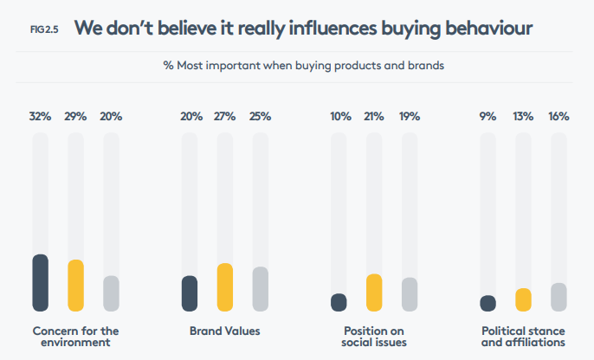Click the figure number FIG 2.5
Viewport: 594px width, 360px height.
[x=43, y=29]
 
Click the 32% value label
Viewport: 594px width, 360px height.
[x=40, y=117]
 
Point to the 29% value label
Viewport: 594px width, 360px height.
[x=75, y=117]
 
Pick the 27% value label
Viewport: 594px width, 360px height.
[x=225, y=117]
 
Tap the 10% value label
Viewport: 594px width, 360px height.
[x=339, y=117]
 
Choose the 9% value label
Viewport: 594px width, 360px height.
[x=487, y=117]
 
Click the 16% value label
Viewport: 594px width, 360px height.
[x=558, y=117]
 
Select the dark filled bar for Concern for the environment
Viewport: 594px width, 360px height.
[x=40, y=282]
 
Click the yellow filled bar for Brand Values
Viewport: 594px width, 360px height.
[x=225, y=286]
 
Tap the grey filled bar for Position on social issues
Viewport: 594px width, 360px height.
[x=410, y=294]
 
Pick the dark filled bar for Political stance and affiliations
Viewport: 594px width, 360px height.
[x=487, y=303]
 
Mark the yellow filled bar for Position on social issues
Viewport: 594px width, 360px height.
[x=374, y=292]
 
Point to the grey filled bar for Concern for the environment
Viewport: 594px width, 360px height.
[x=111, y=293]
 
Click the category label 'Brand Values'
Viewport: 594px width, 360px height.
[x=224, y=331]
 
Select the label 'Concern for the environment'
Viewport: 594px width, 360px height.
[x=75, y=337]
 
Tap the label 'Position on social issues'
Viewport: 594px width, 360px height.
[x=374, y=337]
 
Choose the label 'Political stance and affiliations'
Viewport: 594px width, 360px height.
[x=523, y=337]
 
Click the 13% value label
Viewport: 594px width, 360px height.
[x=523, y=117]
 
